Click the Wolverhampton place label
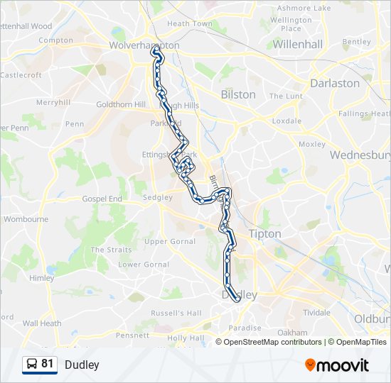[144, 45]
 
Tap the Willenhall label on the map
[298, 44]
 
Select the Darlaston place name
[335, 83]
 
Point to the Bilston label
[238, 94]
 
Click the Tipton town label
[264, 233]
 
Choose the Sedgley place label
[158, 198]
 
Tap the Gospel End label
[102, 199]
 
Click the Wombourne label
[26, 219]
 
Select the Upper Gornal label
[169, 242]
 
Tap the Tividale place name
[316, 312]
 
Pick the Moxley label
[311, 144]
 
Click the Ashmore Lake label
[304, 8]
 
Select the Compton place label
[56, 40]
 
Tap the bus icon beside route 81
[32, 365]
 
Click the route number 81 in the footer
[48, 364]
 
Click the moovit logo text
[343, 365]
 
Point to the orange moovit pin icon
[310, 365]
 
